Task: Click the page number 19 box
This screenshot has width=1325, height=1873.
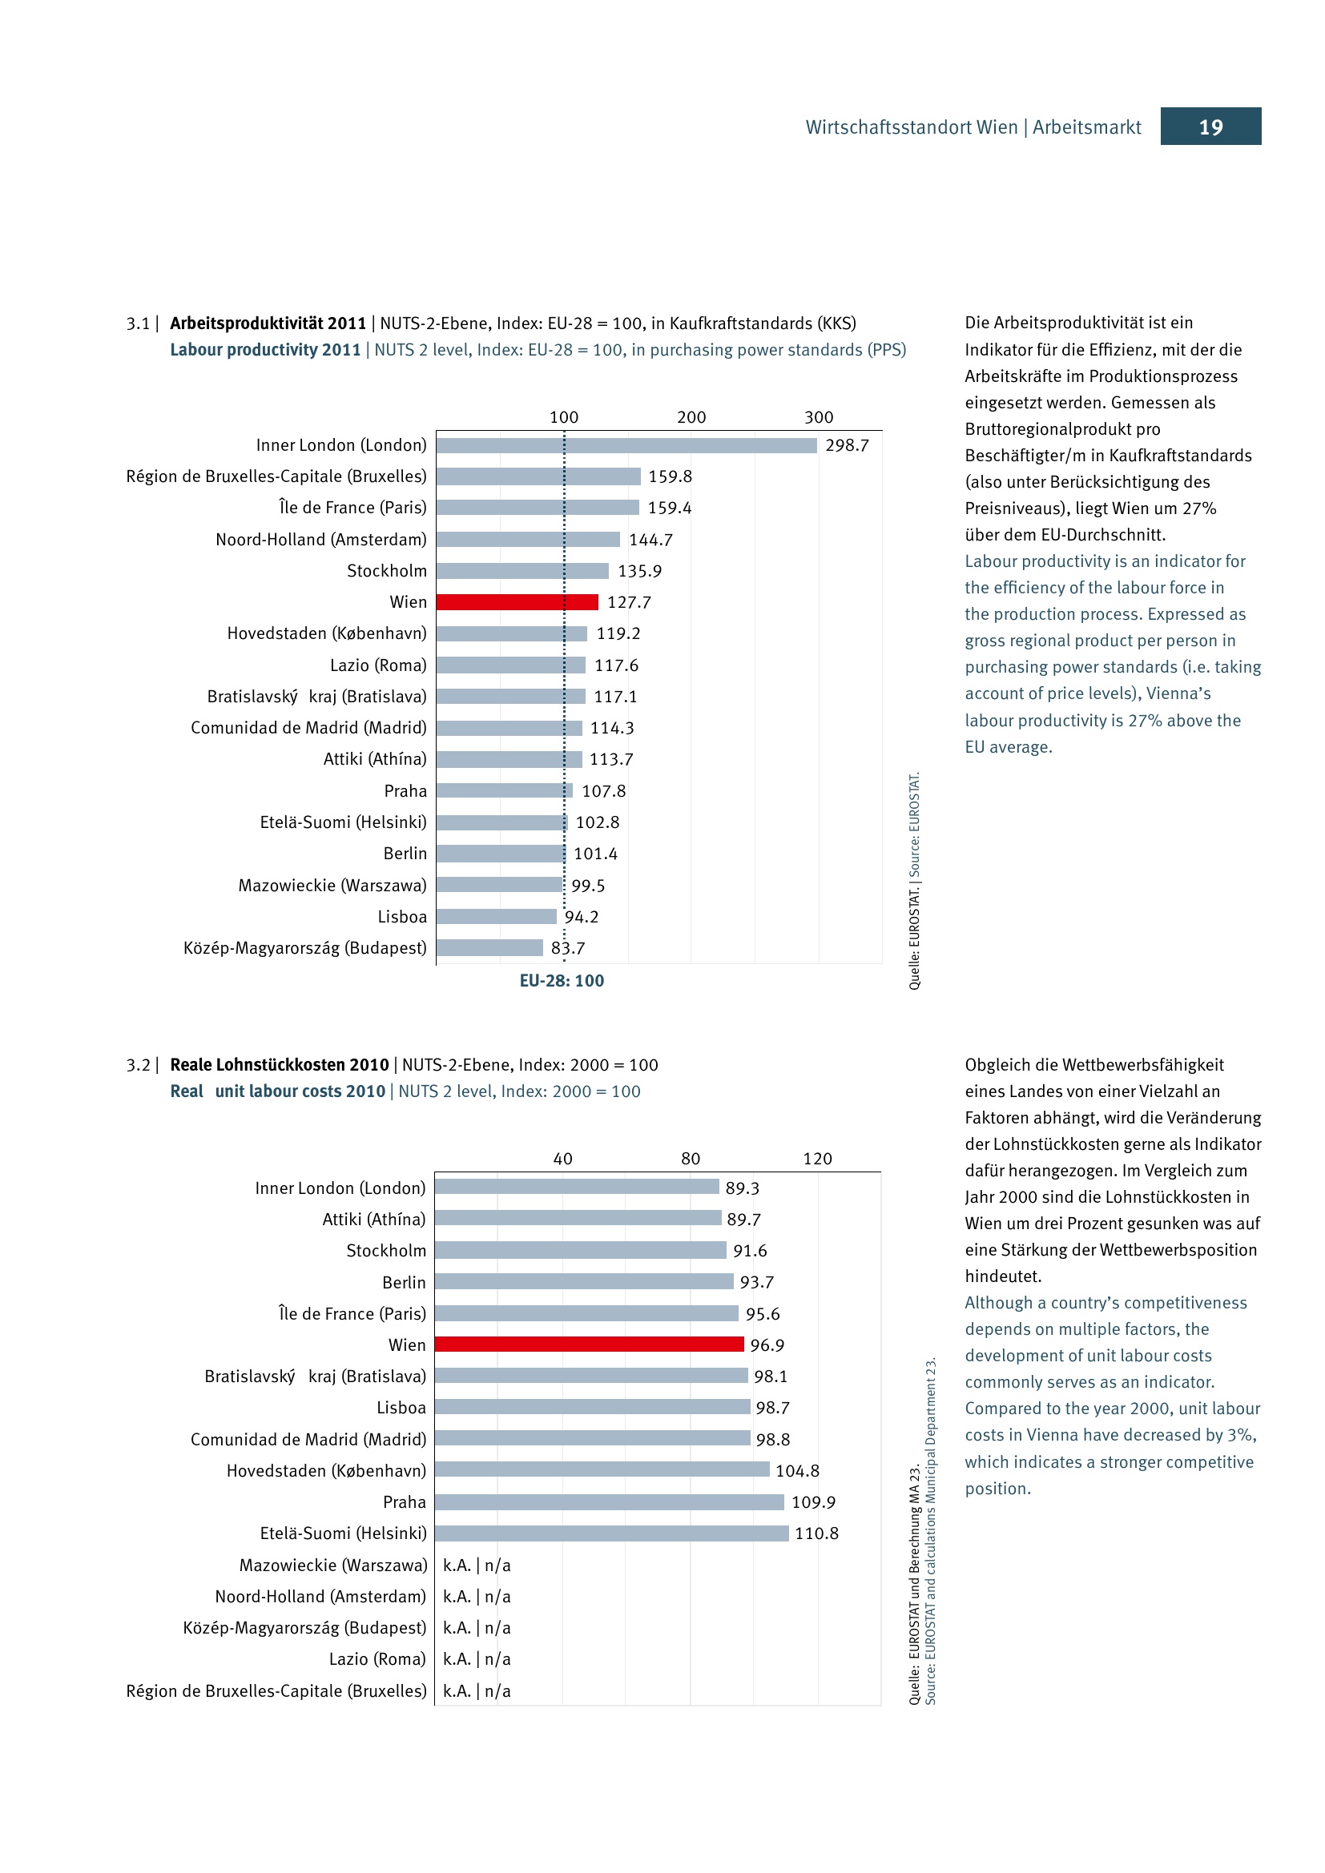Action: click(1210, 127)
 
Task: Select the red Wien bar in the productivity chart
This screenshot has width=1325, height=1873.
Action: click(517, 602)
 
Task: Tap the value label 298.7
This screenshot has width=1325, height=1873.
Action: click(847, 445)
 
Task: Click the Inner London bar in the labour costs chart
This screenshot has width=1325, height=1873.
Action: click(576, 1187)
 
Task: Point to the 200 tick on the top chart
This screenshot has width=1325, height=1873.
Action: click(691, 417)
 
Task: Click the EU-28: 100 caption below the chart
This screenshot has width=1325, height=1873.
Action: click(562, 981)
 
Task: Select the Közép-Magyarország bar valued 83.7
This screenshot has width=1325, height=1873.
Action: click(489, 948)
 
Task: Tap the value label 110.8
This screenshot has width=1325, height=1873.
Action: click(816, 1533)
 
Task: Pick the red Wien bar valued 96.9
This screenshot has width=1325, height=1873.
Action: click(588, 1344)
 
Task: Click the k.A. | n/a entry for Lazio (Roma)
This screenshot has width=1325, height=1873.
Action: click(477, 1658)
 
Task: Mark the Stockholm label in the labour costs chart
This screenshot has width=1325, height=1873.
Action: click(386, 1251)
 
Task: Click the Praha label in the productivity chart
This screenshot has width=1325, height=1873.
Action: click(405, 790)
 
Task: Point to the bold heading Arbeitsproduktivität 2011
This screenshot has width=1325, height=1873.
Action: click(268, 323)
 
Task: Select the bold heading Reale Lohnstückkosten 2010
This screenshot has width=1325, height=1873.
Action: click(279, 1064)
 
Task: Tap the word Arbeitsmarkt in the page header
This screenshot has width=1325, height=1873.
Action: click(1087, 127)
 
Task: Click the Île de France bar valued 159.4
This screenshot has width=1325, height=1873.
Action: click(537, 508)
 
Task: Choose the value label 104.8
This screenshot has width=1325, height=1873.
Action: click(797, 1471)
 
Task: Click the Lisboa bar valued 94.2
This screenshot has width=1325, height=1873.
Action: click(496, 917)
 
